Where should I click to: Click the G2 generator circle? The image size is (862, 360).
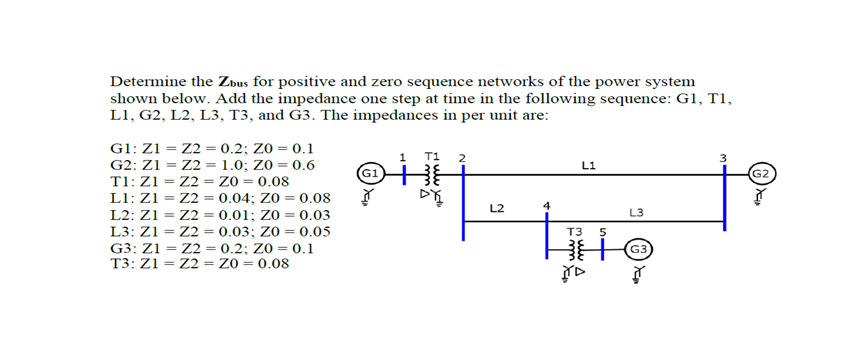760,174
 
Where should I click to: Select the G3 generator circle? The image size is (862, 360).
639,248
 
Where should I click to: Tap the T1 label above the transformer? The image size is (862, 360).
431,156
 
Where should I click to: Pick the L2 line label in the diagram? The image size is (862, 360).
498,208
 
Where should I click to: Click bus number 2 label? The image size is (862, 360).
462,158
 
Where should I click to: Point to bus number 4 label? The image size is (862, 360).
546,207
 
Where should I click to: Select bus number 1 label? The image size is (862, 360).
401,156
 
